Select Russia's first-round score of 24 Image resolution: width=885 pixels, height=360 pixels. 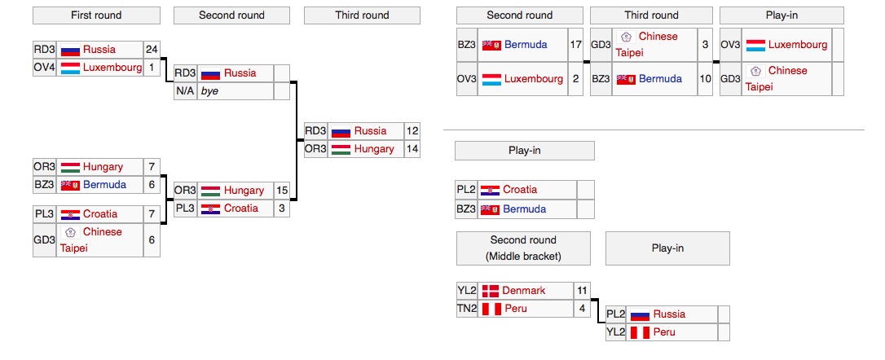point(152,50)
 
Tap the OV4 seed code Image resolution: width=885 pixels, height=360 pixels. point(44,68)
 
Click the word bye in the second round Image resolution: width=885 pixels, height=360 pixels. point(210,91)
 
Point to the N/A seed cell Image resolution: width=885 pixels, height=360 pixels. point(185,91)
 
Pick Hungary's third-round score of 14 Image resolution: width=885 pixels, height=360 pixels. point(412,149)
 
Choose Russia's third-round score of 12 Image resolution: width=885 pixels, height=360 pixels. point(412,130)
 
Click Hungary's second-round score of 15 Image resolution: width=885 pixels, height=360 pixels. point(282,191)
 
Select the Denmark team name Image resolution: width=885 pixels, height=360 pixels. point(524,291)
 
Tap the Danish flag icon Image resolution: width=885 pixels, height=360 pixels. point(490,291)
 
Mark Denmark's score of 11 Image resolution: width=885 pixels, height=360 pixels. point(581,291)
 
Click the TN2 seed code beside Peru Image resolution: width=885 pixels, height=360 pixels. point(467,309)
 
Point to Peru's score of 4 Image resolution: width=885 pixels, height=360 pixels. point(581,309)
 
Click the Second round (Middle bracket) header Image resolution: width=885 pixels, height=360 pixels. point(523,248)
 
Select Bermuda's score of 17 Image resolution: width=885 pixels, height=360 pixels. point(576,45)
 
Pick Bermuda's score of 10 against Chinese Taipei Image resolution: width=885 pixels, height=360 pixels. point(705,79)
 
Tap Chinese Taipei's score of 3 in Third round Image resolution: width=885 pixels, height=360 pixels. point(705,45)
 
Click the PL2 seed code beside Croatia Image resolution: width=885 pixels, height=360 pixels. point(466,190)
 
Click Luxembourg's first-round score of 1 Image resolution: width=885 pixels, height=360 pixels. point(152,68)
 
